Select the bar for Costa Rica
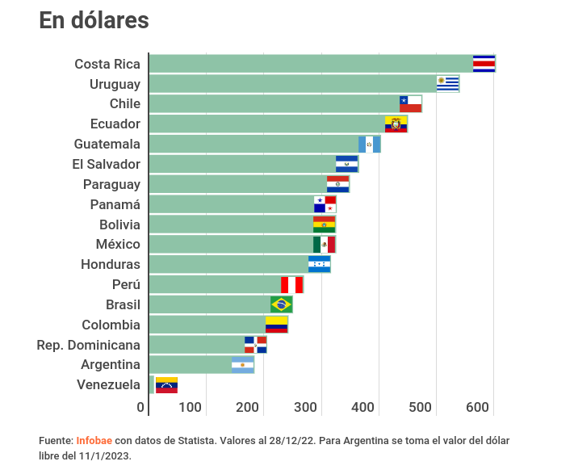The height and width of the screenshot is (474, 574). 311,64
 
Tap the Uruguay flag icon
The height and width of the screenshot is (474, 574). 447,83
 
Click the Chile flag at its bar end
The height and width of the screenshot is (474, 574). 410,103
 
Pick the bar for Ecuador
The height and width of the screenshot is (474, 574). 266,124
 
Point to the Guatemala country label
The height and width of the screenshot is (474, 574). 107,144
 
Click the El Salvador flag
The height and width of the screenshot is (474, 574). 346,164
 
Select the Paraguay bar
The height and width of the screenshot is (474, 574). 238,184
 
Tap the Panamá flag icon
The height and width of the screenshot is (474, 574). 325,204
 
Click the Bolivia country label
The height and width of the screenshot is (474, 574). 119,224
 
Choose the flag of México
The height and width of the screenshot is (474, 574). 324,244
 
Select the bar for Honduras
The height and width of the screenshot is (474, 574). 228,264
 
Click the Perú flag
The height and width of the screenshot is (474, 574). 291,284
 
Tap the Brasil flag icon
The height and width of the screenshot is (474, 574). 281,304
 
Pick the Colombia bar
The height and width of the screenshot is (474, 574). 207,325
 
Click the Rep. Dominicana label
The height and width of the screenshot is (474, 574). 88,345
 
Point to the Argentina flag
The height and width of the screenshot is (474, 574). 242,365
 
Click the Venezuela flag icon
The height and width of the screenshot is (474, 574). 166,385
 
